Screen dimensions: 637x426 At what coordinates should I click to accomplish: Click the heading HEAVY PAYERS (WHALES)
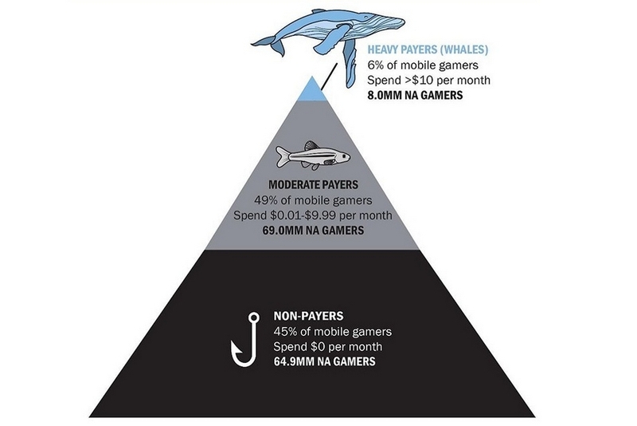[428, 49]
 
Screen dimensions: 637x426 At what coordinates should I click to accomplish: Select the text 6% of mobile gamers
[423, 65]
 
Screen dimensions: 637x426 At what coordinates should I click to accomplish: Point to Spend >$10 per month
[428, 80]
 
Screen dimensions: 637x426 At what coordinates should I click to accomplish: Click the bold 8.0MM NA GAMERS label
[415, 95]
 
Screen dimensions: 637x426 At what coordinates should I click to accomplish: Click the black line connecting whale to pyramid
[329, 77]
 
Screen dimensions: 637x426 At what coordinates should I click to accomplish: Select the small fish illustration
[313, 156]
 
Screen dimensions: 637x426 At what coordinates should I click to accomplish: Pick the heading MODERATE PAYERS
[313, 185]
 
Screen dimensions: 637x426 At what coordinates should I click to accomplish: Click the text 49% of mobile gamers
[313, 200]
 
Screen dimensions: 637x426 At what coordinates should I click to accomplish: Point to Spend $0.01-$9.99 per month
[313, 215]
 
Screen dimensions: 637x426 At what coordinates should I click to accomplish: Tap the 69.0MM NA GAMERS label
[313, 231]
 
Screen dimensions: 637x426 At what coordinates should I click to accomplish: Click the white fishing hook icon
[245, 339]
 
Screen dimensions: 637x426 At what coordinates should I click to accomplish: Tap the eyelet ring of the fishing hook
[254, 317]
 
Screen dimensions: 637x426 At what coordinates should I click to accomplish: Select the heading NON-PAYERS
[308, 316]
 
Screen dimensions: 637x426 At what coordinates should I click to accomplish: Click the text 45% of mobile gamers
[333, 332]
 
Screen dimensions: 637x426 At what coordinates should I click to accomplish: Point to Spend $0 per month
[328, 347]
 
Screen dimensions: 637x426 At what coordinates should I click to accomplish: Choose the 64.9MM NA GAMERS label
[325, 361]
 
